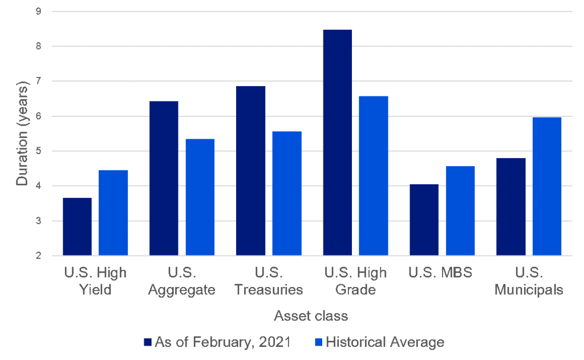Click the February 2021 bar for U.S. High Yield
(77, 226)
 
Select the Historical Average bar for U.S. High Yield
(113, 213)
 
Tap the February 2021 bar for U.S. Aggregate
(164, 178)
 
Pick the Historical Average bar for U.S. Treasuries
(287, 193)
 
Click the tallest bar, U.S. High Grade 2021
(337, 143)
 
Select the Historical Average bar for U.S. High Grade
(374, 176)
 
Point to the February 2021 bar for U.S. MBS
(424, 220)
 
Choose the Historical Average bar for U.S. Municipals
(547, 186)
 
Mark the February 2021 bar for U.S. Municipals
(510, 207)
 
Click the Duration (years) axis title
(22, 134)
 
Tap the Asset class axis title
(311, 315)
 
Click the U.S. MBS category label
(440, 272)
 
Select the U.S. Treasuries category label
(269, 281)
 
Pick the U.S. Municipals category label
(529, 281)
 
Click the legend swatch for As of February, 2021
(148, 343)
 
